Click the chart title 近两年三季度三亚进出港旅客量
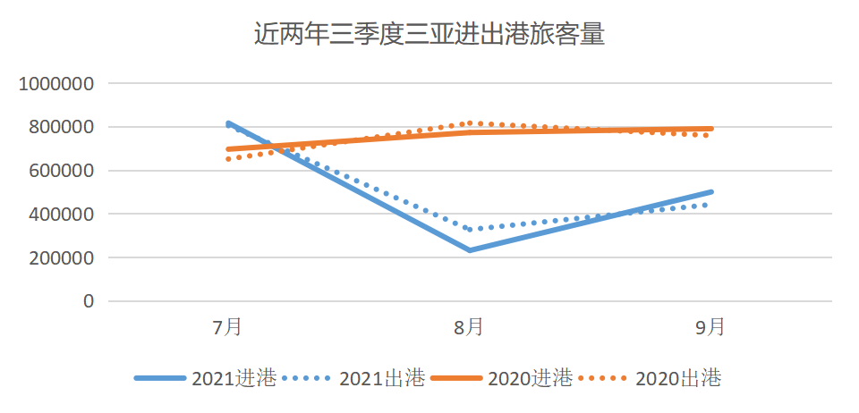coord(429,36)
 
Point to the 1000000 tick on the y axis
coord(57,84)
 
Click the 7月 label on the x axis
coord(228,327)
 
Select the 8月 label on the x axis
coord(470,327)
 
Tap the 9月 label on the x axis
coord(710,327)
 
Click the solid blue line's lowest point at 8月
coord(470,250)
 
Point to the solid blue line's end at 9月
coord(710,192)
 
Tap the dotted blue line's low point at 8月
coord(470,230)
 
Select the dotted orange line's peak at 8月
coord(470,123)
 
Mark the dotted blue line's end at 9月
coord(710,205)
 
